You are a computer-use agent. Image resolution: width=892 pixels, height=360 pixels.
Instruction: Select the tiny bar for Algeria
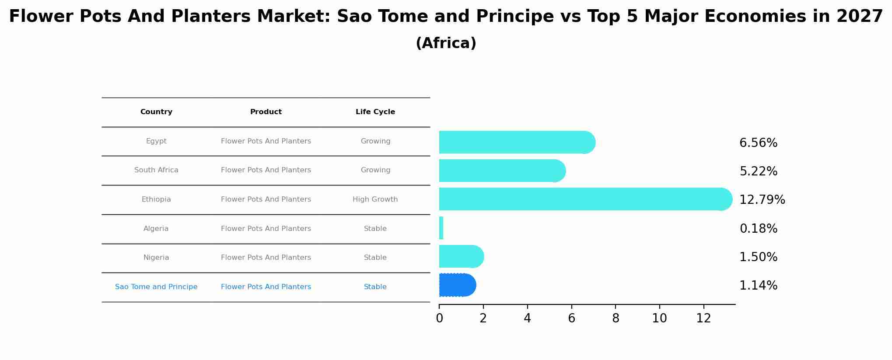point(441,228)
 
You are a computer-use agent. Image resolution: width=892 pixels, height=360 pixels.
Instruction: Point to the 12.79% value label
point(762,200)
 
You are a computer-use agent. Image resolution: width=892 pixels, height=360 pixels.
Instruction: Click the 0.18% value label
point(758,229)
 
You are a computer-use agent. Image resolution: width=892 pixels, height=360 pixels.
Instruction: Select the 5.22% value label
point(758,171)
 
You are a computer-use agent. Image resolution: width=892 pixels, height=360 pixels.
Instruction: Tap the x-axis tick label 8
point(616,318)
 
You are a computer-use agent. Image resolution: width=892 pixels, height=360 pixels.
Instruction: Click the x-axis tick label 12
point(703,318)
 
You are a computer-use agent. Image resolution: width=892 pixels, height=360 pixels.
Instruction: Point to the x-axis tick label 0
point(439,318)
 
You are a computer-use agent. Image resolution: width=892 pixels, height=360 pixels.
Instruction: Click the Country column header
point(156,112)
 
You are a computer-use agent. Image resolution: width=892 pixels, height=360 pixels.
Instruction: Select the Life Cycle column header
point(375,112)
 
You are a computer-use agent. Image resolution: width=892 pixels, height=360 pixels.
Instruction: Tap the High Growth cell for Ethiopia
point(375,199)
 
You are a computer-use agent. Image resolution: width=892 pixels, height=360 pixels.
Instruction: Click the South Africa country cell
point(156,170)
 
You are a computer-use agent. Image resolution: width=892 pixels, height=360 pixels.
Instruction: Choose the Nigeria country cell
point(156,258)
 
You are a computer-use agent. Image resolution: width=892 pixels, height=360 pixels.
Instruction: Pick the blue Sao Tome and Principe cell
point(156,287)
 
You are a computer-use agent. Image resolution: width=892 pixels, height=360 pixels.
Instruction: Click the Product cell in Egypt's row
point(266,141)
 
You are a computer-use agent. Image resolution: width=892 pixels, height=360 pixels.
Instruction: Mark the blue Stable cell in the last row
point(375,287)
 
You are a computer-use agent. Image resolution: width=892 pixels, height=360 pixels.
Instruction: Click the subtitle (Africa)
point(446,43)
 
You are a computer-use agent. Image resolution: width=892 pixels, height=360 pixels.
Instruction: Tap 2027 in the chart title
point(859,17)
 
